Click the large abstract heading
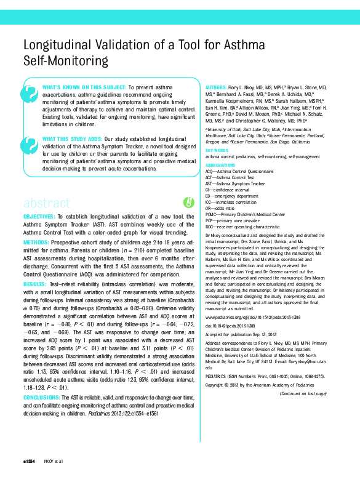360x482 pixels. click(x=46, y=203)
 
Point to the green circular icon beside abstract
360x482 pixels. click(x=188, y=202)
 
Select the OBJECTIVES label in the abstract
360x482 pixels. click(x=39, y=217)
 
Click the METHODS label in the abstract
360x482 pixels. click(x=36, y=242)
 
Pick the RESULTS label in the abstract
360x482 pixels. click(x=34, y=284)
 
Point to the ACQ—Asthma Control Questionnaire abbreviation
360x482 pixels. click(x=239, y=171)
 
